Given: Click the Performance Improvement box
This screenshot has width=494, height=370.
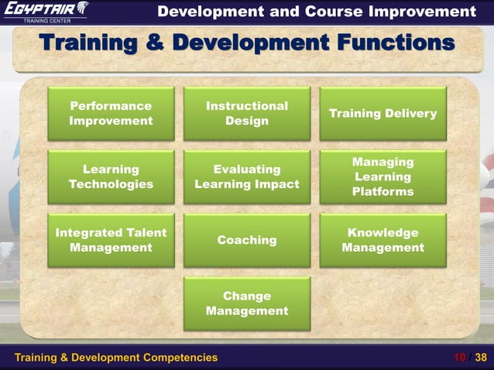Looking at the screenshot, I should pos(111,113).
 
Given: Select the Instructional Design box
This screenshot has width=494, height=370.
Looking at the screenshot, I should pos(247,113).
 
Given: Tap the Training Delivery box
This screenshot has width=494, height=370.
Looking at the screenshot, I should pos(383,113).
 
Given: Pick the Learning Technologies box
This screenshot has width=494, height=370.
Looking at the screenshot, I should pos(111,176).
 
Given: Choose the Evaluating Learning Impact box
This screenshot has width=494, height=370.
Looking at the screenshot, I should pos(247,176).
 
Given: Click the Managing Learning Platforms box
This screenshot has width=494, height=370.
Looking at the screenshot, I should pos(383,176).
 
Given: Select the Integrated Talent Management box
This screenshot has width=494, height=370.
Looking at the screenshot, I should pos(111,240).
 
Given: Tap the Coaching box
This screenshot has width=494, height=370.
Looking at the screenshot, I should pos(247,240).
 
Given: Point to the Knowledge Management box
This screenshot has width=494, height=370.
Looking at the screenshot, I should pos(383,240).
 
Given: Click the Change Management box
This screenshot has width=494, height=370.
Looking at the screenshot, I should pos(247,303).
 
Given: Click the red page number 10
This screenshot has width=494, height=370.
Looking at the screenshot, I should pos(461,358).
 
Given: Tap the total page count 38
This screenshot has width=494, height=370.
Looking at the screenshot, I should pos(481,358).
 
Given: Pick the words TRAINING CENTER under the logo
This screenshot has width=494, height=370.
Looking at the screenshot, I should pos(45,20).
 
